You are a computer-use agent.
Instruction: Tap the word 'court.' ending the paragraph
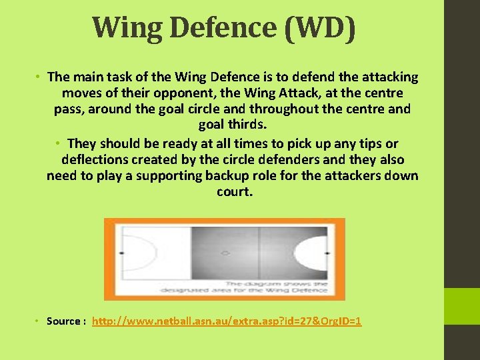click(x=235, y=192)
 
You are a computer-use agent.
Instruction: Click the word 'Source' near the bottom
click(x=64, y=321)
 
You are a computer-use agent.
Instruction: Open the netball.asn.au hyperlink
click(x=227, y=321)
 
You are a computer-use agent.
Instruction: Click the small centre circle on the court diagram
click(x=225, y=253)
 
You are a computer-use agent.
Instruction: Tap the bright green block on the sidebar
click(x=462, y=306)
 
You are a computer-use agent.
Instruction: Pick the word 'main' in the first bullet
click(x=91, y=77)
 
